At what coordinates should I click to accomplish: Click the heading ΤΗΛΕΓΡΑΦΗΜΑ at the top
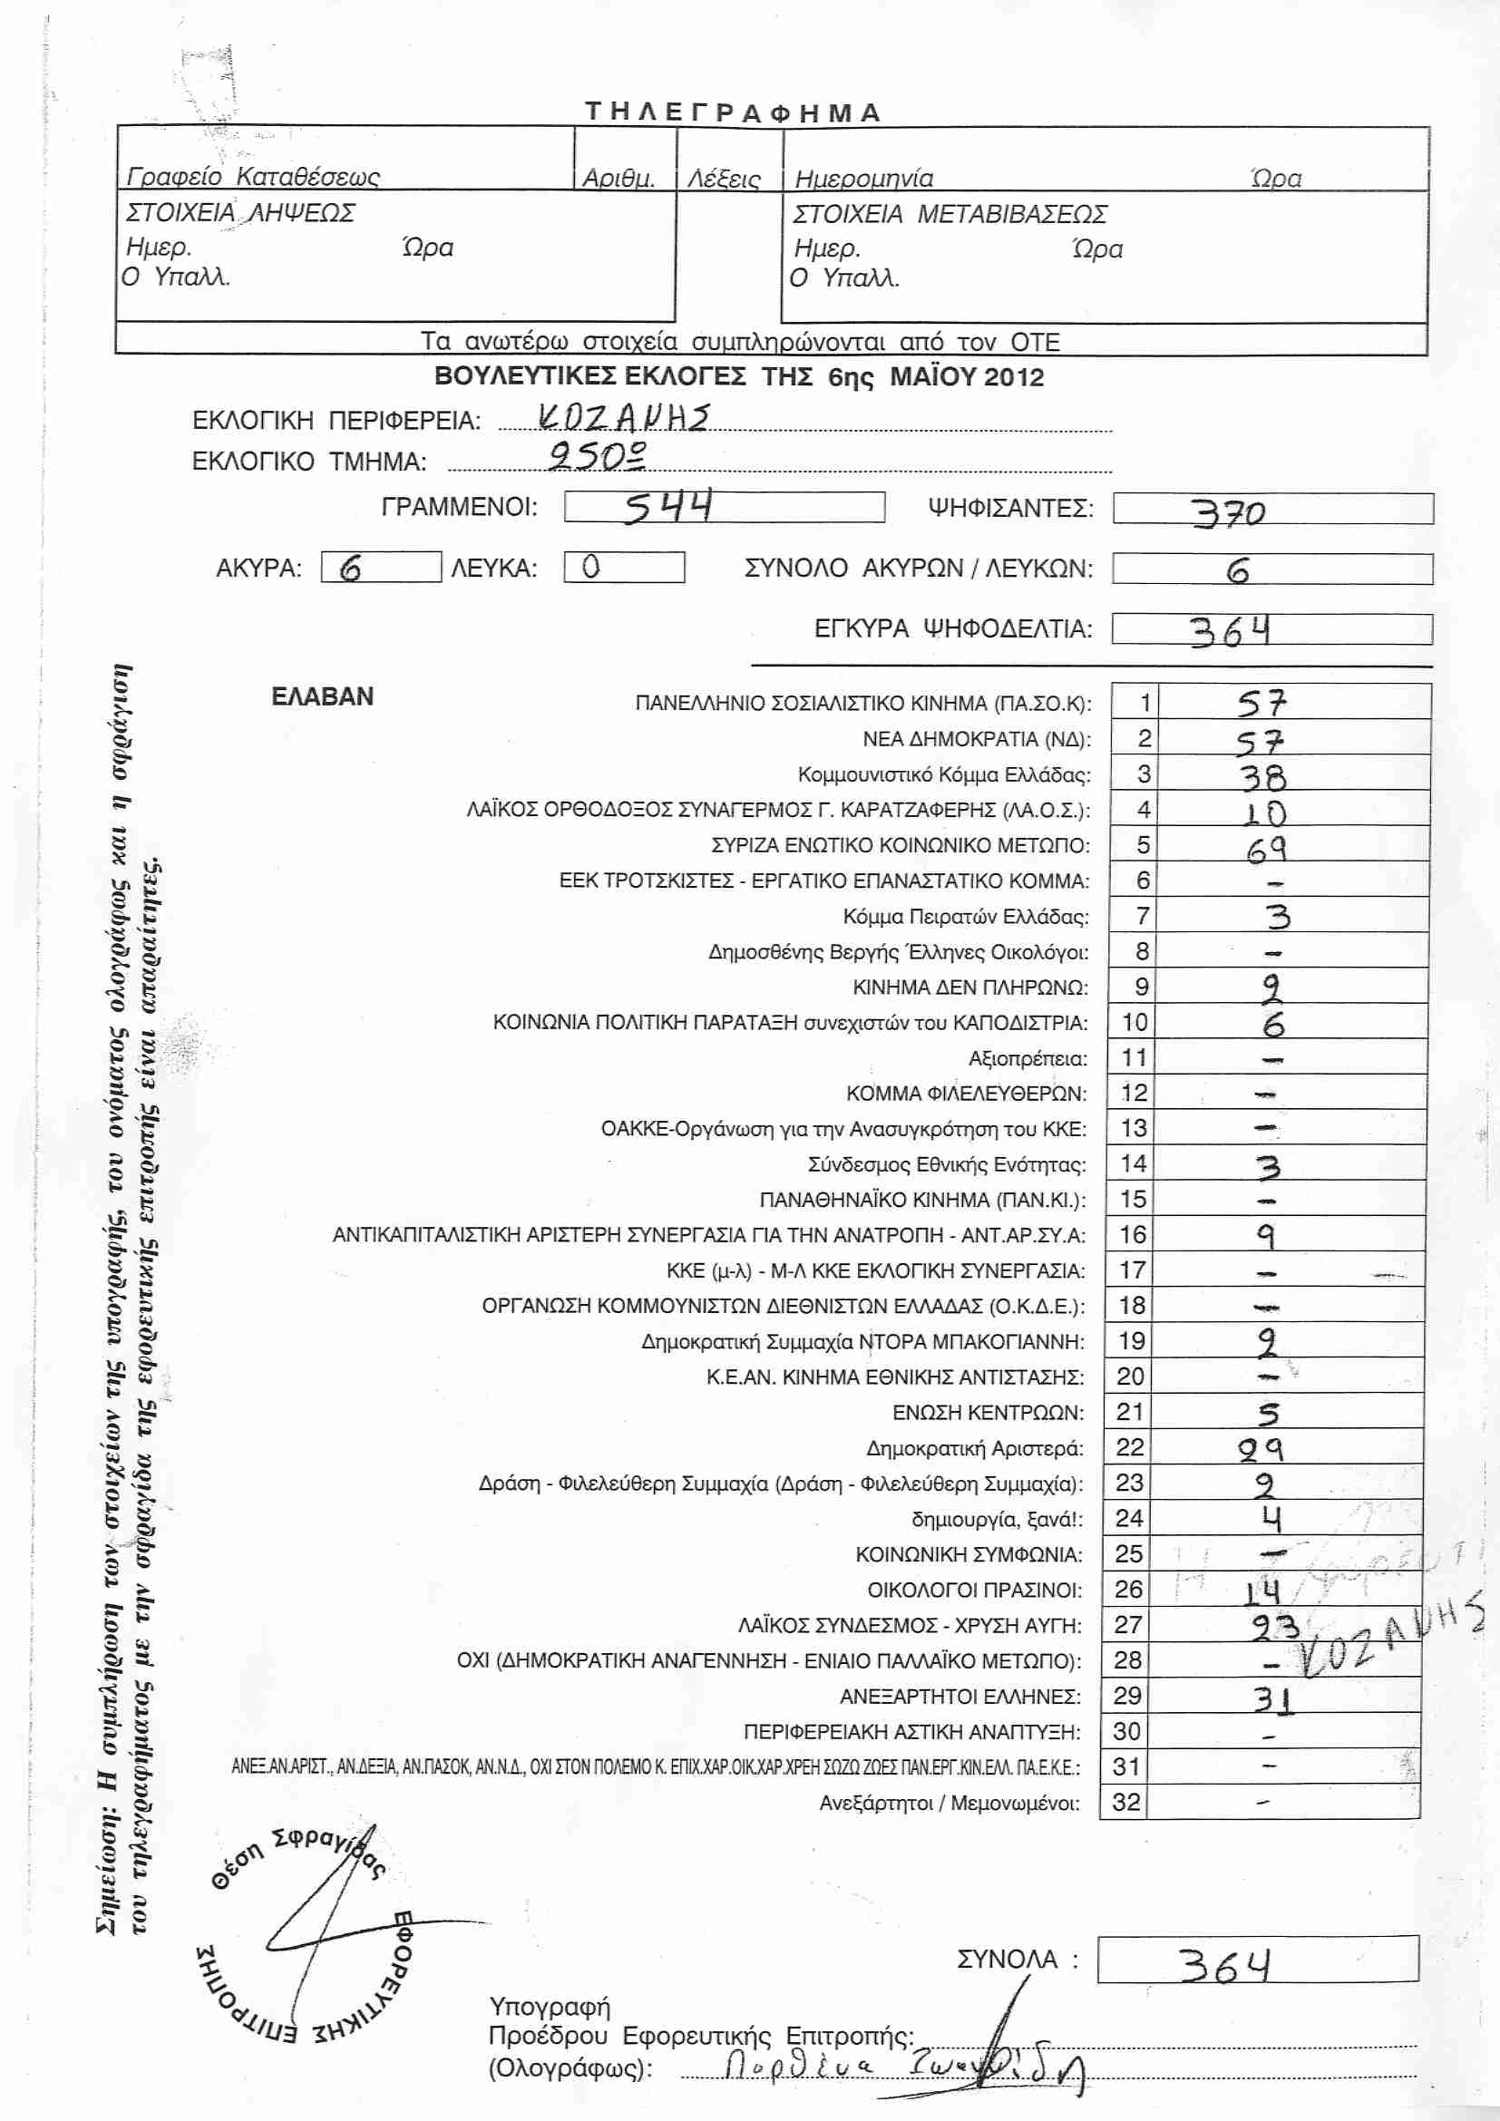pos(733,112)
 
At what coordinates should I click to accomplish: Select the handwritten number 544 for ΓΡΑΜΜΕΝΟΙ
pos(667,507)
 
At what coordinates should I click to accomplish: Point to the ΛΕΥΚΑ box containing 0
pos(623,567)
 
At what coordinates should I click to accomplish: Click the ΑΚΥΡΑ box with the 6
pos(381,567)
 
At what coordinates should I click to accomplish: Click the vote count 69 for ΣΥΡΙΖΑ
pos(1265,848)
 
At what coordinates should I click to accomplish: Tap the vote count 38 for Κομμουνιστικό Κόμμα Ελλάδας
pos(1262,777)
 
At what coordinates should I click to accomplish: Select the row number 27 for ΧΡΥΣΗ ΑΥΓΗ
pos(1130,1625)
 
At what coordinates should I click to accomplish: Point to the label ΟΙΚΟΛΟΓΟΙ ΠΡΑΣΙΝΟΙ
pos(973,1590)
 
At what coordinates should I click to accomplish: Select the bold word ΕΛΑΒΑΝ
pos(322,696)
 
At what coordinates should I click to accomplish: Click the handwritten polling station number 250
pos(597,455)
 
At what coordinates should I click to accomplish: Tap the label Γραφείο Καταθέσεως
pos(253,177)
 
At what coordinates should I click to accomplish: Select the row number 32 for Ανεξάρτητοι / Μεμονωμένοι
pos(1127,1803)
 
